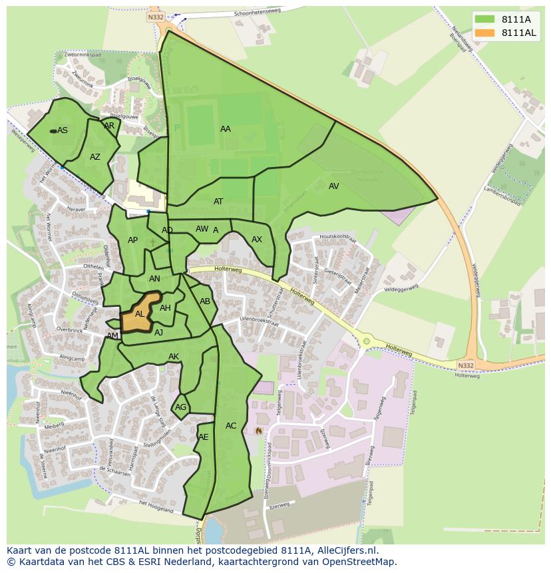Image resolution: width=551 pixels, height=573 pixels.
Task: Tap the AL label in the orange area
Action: pyautogui.click(x=140, y=313)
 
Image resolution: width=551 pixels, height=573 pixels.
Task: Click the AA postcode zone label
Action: pyautogui.click(x=226, y=129)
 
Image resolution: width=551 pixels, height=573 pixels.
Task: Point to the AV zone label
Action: pyautogui.click(x=334, y=186)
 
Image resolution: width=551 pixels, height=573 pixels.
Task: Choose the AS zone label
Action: pyautogui.click(x=63, y=130)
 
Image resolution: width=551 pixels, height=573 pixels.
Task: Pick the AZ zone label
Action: pyautogui.click(x=95, y=157)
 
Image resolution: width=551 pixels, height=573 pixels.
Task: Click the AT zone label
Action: pyautogui.click(x=218, y=202)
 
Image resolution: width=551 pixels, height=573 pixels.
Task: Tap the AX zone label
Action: pyautogui.click(x=257, y=240)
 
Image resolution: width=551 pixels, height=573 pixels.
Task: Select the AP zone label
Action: pyautogui.click(x=132, y=240)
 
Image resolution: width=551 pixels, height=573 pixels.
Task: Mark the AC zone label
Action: pyautogui.click(x=231, y=426)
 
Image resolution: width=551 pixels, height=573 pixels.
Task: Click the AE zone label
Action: pyautogui.click(x=204, y=437)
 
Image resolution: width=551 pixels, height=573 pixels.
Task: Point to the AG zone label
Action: pyautogui.click(x=180, y=407)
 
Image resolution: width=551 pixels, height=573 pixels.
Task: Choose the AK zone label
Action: pyautogui.click(x=174, y=357)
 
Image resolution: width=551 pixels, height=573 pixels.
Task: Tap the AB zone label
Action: pyautogui.click(x=205, y=301)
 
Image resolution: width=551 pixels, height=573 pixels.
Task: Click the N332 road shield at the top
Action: pyautogui.click(x=156, y=17)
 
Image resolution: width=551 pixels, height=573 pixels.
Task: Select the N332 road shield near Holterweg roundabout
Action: pyautogui.click(x=466, y=365)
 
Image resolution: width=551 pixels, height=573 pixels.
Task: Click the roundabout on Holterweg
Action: pyautogui.click(x=366, y=341)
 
